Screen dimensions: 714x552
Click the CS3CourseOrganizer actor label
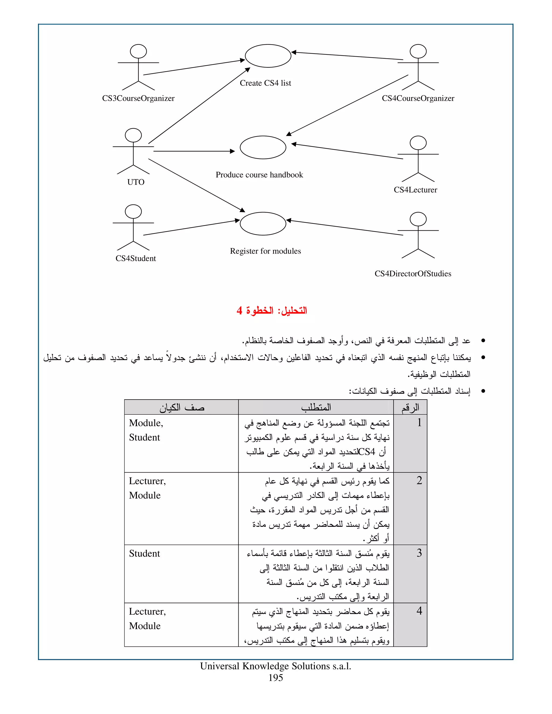(x=138, y=98)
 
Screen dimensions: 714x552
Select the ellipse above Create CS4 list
(x=268, y=56)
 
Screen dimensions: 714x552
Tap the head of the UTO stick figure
(x=133, y=135)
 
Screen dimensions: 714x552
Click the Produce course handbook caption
(x=259, y=175)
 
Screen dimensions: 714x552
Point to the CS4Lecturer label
(x=415, y=190)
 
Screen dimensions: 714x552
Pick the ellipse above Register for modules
(x=263, y=224)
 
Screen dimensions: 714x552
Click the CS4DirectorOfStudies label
(x=413, y=274)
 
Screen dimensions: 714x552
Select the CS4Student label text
(x=136, y=259)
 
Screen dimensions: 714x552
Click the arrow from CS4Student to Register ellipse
(x=191, y=228)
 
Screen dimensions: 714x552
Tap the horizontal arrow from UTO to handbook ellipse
(x=194, y=151)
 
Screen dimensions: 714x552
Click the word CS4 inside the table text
(x=367, y=452)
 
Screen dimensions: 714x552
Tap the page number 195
(x=275, y=678)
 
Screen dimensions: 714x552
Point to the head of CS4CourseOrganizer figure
(x=418, y=51)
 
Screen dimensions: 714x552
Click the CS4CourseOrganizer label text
(x=418, y=98)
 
